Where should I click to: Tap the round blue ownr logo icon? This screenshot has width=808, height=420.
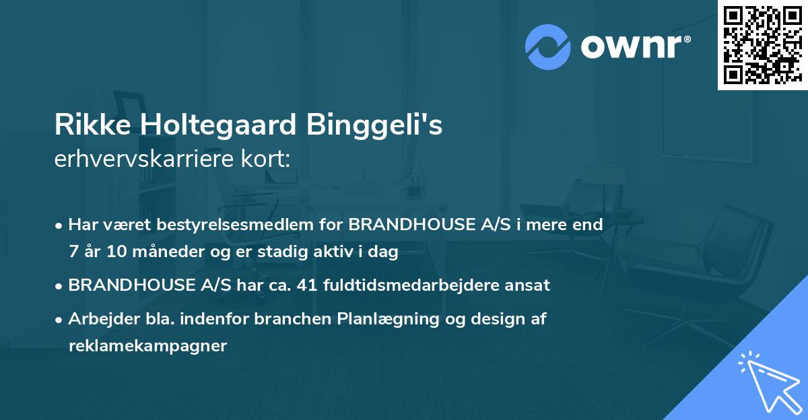548,47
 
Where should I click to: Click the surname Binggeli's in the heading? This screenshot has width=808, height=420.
376,126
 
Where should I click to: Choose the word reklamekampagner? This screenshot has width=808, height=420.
148,346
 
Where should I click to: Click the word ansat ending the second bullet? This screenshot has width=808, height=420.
532,285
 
